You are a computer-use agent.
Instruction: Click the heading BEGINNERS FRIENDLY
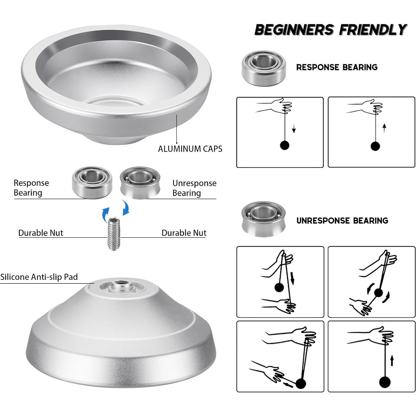pos(330,30)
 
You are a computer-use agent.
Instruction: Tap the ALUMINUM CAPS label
pos(190,149)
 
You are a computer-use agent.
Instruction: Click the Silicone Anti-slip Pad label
pos(39,277)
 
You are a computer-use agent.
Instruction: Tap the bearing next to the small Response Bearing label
pos(92,182)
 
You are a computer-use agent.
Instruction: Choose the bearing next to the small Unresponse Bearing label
pos(141,183)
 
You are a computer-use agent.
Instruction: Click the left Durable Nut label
pos(41,233)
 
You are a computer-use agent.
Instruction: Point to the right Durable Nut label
pos(184,233)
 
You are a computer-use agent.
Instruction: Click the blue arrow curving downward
pos(126,208)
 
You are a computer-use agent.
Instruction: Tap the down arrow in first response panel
pos(294,129)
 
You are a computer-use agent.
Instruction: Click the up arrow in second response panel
pos(384,128)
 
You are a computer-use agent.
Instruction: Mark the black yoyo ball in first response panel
pos(285,145)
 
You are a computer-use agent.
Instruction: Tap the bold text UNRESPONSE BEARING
pos(342,221)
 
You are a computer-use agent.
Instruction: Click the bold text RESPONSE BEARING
pos(337,67)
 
